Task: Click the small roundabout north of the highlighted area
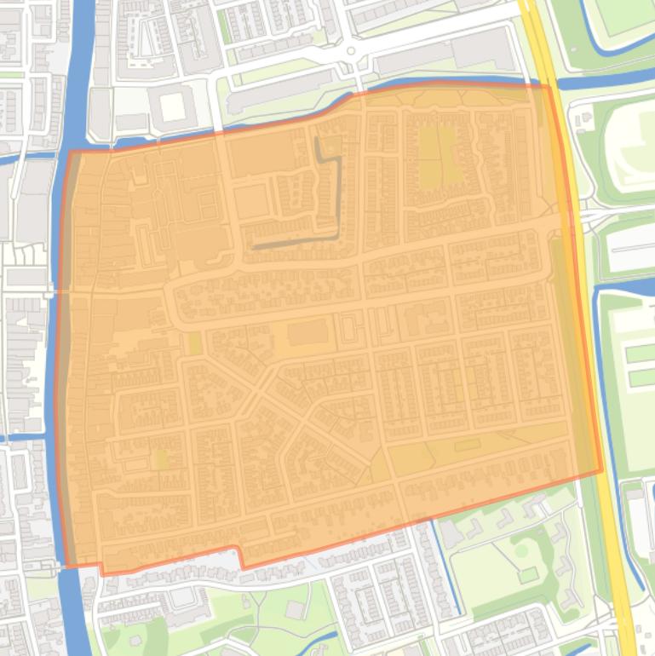coord(350,52)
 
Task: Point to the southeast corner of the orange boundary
coord(601,469)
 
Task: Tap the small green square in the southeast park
coord(528,575)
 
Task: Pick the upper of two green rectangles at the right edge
coord(639,353)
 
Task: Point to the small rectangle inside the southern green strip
coord(466,445)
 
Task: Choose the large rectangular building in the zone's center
coord(306,332)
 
